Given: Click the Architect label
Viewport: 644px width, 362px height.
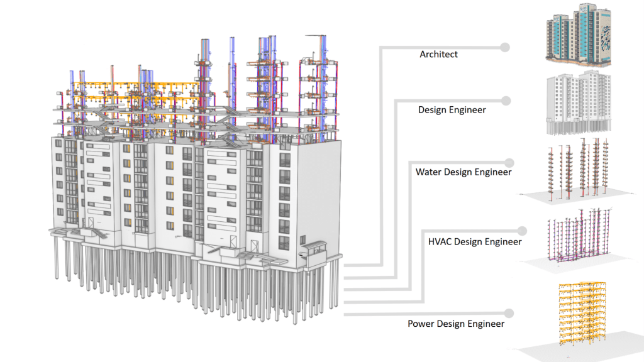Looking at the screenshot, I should pyautogui.click(x=438, y=55).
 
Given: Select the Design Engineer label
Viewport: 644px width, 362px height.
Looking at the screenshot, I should pyautogui.click(x=452, y=110).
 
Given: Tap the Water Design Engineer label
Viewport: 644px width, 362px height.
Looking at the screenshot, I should pyautogui.click(x=463, y=172).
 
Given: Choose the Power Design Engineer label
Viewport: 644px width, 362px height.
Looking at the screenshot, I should pyautogui.click(x=455, y=324).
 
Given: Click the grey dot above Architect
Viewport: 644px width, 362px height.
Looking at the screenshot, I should pyautogui.click(x=504, y=47).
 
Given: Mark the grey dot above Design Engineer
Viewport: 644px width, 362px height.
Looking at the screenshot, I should pyautogui.click(x=504, y=100).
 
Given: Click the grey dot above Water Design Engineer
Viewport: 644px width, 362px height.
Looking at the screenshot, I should pyautogui.click(x=504, y=162).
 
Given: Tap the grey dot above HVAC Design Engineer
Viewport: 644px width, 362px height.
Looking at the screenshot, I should pyautogui.click(x=504, y=231).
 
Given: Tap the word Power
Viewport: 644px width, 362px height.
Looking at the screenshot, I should pyautogui.click(x=421, y=324).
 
